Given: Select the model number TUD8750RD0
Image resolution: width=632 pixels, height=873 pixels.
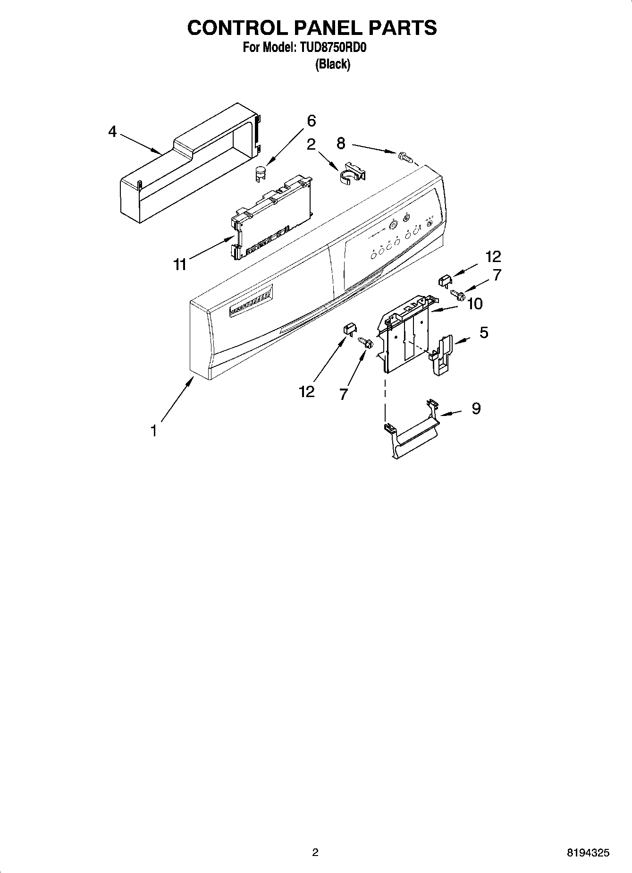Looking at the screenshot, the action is (331, 48).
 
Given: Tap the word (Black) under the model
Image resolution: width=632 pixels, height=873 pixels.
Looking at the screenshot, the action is (333, 64).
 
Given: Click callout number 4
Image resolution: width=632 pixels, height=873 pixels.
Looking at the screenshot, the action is (112, 131).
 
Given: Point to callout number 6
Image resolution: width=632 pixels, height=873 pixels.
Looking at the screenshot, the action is (311, 121).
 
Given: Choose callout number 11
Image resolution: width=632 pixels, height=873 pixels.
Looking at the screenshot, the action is (180, 264).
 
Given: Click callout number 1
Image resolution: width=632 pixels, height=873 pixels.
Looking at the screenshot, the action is (153, 431).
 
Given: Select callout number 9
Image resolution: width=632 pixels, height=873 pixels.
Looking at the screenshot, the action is (476, 408).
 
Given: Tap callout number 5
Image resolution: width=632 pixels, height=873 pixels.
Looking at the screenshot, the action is (484, 332).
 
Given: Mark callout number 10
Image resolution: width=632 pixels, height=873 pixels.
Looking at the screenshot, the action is (475, 304).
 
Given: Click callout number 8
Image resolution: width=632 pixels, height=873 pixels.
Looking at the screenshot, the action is (341, 142).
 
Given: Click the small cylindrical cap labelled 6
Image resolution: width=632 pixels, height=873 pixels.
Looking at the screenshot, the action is (259, 173).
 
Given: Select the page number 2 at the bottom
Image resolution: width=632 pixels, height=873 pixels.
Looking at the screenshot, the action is (315, 852).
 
